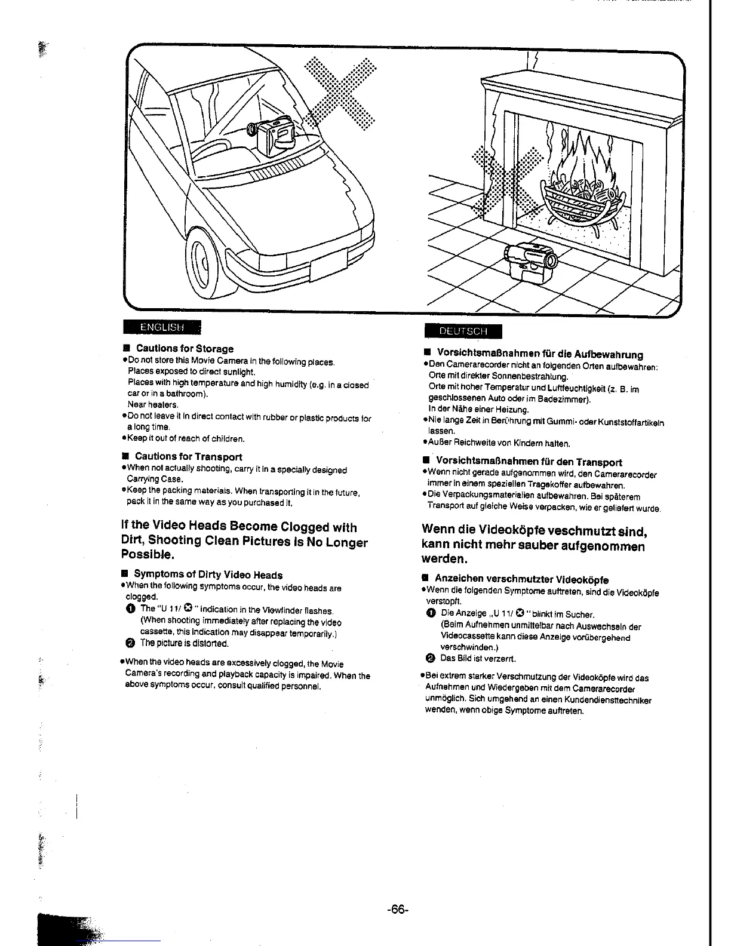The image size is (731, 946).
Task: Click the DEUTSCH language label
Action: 463,331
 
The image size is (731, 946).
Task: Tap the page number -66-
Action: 397,910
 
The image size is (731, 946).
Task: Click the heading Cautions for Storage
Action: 185,349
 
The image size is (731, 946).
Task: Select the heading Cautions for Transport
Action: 188,457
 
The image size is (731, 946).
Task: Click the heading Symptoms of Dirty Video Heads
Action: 208,575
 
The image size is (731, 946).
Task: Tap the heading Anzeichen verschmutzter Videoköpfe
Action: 521,579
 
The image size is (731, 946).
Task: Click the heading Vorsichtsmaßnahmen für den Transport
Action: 529,462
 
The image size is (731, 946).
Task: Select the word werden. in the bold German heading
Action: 444,560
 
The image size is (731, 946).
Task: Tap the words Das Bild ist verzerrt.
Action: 478,659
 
